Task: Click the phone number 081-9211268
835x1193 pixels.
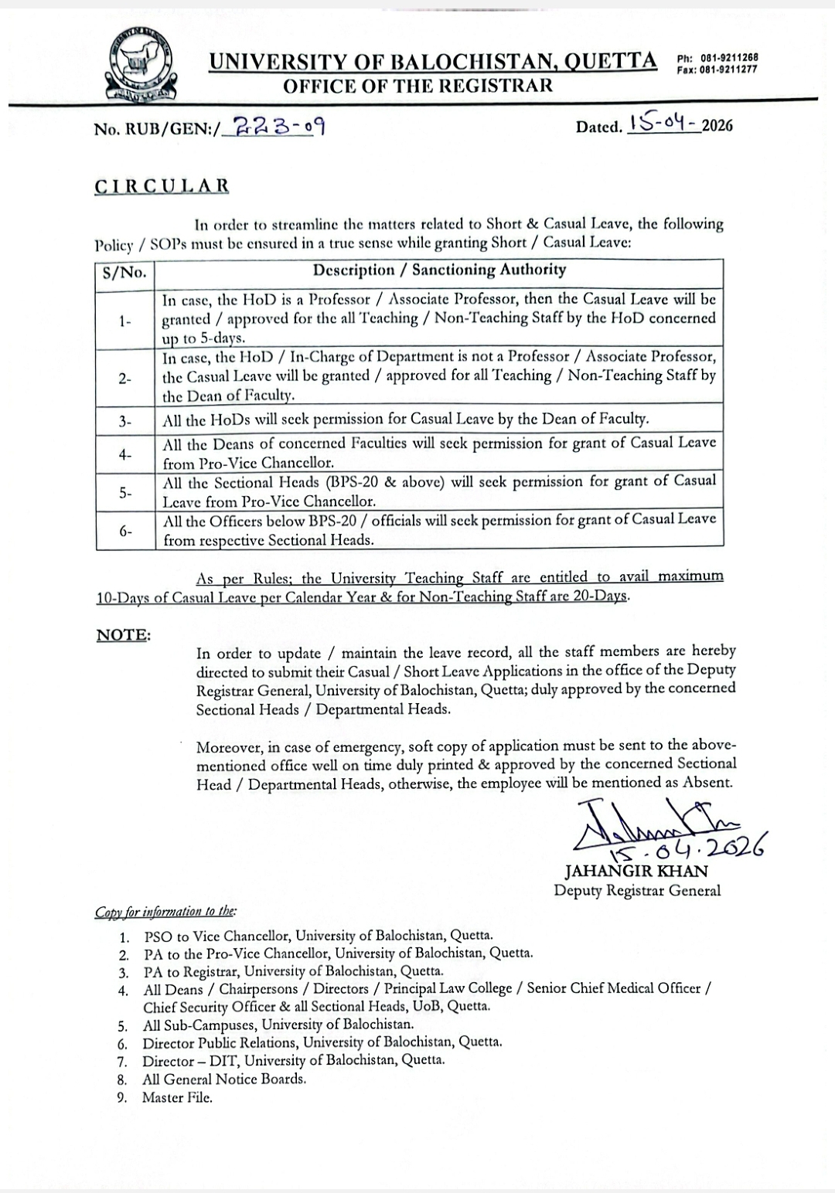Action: point(729,58)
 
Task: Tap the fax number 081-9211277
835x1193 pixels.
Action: point(729,70)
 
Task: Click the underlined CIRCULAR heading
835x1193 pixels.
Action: point(162,186)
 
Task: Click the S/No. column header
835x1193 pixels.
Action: point(125,271)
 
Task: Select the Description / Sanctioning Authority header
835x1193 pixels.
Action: point(439,270)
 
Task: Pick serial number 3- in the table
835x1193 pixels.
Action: point(125,421)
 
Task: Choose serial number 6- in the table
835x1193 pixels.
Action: point(125,531)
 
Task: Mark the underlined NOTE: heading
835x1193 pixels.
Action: point(124,635)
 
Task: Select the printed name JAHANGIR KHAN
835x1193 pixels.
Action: point(636,871)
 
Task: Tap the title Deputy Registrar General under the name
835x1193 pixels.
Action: point(637,890)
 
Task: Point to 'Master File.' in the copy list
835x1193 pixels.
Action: point(177,1097)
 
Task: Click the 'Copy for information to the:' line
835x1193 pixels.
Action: point(166,912)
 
